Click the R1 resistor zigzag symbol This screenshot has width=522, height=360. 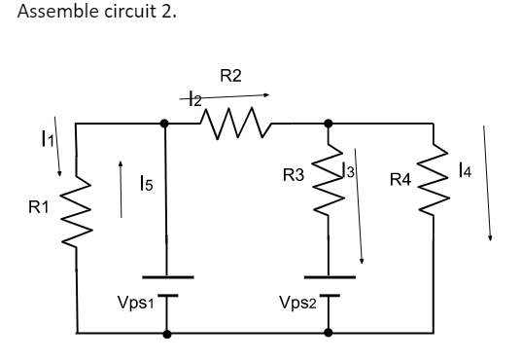click(x=76, y=206)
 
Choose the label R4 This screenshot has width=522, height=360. click(x=400, y=179)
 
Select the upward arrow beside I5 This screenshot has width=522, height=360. click(x=120, y=190)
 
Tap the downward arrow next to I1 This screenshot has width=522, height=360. click(x=57, y=146)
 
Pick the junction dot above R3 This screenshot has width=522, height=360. click(x=329, y=124)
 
